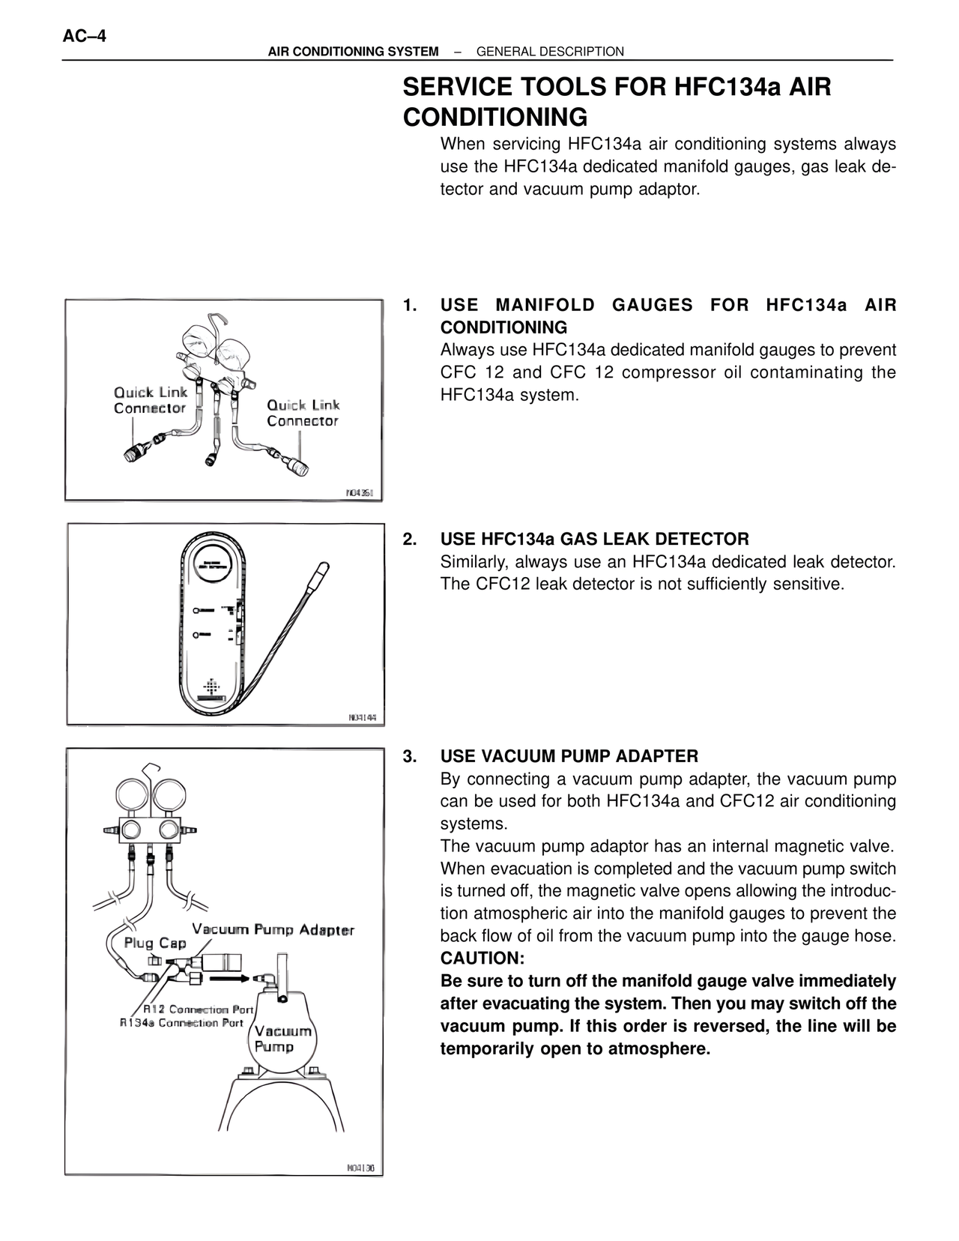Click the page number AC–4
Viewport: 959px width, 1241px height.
click(x=84, y=36)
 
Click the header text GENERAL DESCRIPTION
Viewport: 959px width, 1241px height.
click(x=550, y=52)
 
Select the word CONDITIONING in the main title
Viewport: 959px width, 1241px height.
click(x=494, y=118)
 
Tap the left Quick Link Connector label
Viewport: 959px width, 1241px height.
click(x=150, y=400)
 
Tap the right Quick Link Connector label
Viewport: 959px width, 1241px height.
click(x=303, y=413)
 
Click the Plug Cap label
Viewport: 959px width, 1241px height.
click(x=154, y=943)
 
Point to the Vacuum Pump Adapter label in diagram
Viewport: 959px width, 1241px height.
click(x=273, y=930)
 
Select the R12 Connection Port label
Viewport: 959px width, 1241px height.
click(x=199, y=1009)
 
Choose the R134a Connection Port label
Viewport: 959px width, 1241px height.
click(x=182, y=1023)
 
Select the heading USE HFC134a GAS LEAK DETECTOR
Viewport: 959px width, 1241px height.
click(x=594, y=539)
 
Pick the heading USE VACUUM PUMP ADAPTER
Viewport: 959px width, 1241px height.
click(x=569, y=756)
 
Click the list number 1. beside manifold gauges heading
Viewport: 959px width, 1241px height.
click(x=410, y=305)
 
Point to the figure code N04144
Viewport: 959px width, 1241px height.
click(x=366, y=717)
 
